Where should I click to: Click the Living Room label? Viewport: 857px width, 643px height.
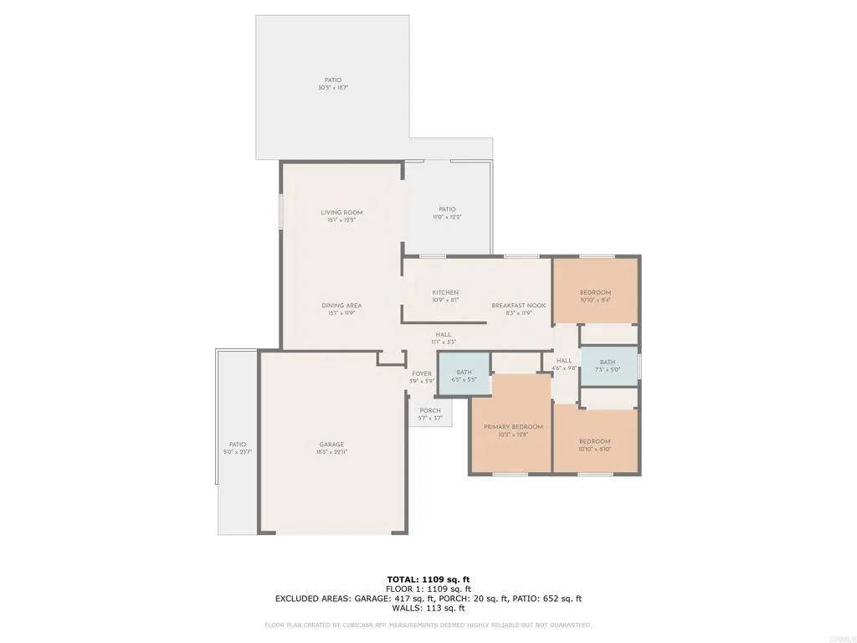(341, 213)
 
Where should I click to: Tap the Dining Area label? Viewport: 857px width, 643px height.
(341, 306)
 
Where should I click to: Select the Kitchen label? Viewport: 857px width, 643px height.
(445, 292)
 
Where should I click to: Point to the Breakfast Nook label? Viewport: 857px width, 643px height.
(518, 306)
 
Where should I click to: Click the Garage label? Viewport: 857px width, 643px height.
(331, 445)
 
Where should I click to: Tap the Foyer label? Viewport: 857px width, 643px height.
(422, 373)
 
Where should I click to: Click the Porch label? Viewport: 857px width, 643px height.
(430, 410)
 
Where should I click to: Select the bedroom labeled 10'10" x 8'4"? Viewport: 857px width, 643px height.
(595, 292)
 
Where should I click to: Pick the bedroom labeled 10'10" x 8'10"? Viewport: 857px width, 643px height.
(595, 441)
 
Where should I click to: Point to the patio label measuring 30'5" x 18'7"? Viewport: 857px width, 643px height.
(333, 80)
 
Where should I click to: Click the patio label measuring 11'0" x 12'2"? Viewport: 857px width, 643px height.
(447, 209)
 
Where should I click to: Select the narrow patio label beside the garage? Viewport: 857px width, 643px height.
(238, 445)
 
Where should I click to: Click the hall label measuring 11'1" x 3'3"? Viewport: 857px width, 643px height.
(444, 335)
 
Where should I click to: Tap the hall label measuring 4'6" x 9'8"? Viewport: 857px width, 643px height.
(564, 360)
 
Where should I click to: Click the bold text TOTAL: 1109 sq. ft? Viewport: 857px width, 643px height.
(428, 579)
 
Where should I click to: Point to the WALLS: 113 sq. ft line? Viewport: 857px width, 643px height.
(428, 608)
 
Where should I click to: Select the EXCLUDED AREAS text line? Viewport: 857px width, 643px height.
(428, 599)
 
